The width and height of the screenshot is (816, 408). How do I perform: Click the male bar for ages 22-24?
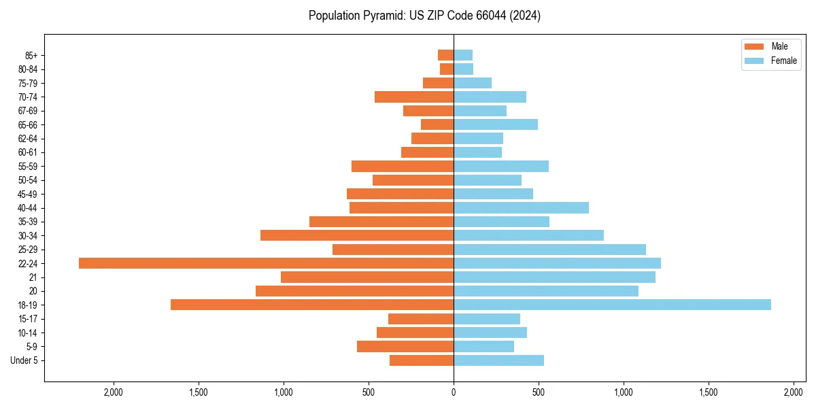tap(266, 263)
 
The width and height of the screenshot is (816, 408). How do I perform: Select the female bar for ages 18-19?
tap(612, 305)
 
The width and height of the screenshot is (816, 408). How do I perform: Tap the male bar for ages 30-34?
tap(357, 235)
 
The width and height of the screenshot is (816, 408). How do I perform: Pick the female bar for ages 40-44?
tap(521, 207)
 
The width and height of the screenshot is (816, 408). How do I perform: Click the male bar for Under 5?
tap(422, 360)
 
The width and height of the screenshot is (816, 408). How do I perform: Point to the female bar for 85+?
tap(463, 55)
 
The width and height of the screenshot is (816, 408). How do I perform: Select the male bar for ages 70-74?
tap(414, 97)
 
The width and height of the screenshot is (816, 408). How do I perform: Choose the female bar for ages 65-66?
tap(496, 124)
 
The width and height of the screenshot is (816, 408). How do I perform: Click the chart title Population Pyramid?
tap(424, 16)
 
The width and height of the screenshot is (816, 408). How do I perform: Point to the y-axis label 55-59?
tap(27, 167)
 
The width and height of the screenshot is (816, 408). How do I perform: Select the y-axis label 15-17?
tap(27, 319)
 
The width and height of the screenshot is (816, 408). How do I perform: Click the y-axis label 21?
tap(33, 277)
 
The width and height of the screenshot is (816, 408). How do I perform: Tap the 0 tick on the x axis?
tap(454, 392)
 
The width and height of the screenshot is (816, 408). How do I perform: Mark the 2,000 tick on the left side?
tap(113, 392)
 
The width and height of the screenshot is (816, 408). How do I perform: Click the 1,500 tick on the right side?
tap(709, 392)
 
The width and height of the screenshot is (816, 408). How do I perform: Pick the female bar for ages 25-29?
tap(549, 250)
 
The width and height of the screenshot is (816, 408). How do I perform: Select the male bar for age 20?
tap(354, 291)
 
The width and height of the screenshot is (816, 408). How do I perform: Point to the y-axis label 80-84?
tap(27, 69)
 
